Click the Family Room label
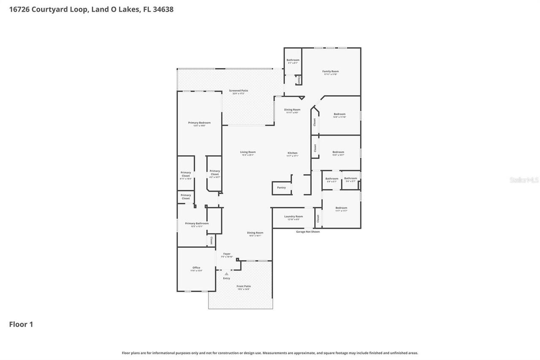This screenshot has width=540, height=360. (x=330, y=71)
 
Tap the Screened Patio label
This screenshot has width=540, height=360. (x=238, y=90)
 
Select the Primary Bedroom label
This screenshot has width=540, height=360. (x=199, y=122)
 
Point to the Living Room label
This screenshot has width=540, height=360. (x=248, y=152)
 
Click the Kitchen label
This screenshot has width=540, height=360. (x=292, y=153)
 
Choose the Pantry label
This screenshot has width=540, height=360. (x=281, y=187)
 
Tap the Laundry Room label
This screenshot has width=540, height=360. (x=293, y=217)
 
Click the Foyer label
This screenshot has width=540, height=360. (x=227, y=254)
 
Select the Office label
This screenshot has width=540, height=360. (x=196, y=268)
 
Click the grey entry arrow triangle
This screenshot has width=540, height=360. (x=227, y=273)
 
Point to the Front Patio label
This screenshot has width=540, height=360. (x=243, y=286)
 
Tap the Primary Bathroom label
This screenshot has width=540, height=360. (x=197, y=223)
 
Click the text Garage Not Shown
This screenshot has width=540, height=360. (x=308, y=232)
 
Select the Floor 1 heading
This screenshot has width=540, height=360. (x=21, y=324)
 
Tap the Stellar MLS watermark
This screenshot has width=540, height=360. (x=524, y=180)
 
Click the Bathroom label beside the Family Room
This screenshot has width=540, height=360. (x=293, y=60)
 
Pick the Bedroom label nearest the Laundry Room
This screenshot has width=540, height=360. (x=341, y=208)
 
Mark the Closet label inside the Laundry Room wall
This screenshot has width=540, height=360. (x=318, y=218)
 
